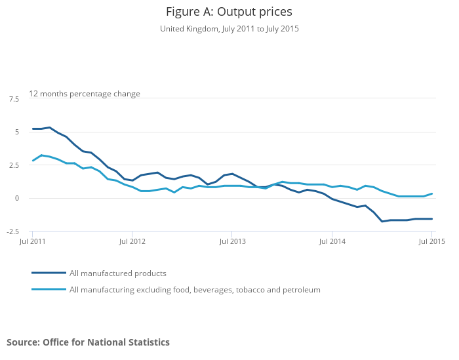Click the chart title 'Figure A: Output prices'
(x=229, y=12)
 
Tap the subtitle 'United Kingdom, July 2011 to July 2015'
(x=229, y=29)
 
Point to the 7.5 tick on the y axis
(x=14, y=99)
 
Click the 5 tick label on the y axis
(x=16, y=132)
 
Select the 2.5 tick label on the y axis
(x=14, y=165)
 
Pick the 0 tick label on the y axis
(x=16, y=198)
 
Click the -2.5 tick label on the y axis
(x=13, y=231)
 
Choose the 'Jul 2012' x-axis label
(x=132, y=242)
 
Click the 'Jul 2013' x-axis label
(x=232, y=242)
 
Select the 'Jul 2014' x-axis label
(x=332, y=242)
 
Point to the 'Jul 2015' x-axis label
(x=431, y=242)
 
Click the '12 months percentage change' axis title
(x=85, y=94)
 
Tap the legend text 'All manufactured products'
(x=118, y=273)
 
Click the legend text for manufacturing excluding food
(x=195, y=289)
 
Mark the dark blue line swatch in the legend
(x=49, y=273)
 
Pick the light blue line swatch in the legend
(x=49, y=289)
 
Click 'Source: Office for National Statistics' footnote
(x=88, y=342)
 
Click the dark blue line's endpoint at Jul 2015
(x=431, y=219)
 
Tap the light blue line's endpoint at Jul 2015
(x=431, y=193)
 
